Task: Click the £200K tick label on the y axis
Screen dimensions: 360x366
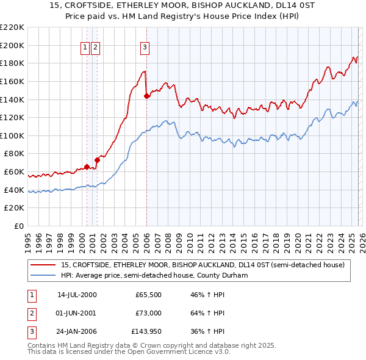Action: coord(13,45)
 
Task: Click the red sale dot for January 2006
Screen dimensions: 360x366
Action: coord(146,96)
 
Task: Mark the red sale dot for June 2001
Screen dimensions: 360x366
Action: coord(97,160)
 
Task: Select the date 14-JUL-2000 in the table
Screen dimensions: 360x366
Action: coord(77,295)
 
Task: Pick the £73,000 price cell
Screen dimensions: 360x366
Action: coord(148,314)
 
